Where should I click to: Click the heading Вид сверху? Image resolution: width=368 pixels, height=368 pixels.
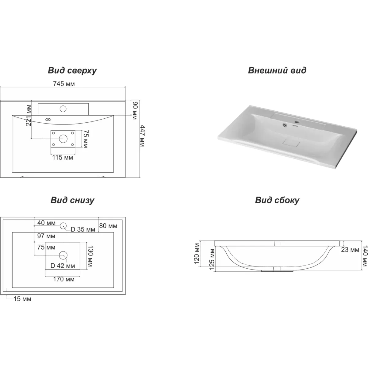(x=72, y=71)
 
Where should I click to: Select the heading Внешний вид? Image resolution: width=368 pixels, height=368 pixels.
(x=277, y=70)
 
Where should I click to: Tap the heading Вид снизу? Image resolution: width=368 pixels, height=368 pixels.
(x=72, y=200)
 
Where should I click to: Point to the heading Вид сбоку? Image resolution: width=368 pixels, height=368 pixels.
(x=277, y=200)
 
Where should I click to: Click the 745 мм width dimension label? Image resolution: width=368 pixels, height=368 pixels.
(x=64, y=84)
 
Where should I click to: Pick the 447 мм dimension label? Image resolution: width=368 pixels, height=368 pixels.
(x=142, y=136)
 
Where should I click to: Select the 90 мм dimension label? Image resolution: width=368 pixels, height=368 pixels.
(x=135, y=111)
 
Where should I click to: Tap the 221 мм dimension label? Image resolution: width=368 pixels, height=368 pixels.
(x=29, y=115)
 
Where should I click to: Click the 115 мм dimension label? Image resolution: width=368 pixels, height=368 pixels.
(x=63, y=158)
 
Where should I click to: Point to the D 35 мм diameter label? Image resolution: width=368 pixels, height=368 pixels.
(x=83, y=229)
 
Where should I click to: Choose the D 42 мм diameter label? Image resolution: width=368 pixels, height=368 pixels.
(x=63, y=266)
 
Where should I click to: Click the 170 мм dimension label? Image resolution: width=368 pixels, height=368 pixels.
(x=63, y=279)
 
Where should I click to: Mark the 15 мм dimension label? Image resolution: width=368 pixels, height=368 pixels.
(x=22, y=299)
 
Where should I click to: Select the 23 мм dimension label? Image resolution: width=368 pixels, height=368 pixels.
(x=350, y=250)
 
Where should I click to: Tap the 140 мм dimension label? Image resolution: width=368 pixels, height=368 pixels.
(x=365, y=256)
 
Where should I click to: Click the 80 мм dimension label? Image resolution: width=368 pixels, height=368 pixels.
(x=108, y=226)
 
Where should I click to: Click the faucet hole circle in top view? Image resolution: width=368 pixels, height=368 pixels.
(x=63, y=109)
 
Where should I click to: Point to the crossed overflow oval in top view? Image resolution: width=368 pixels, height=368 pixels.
(x=48, y=120)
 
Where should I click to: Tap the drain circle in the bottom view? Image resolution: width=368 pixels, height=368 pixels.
(x=63, y=255)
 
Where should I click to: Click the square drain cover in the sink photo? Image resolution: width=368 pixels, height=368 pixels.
(x=291, y=143)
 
